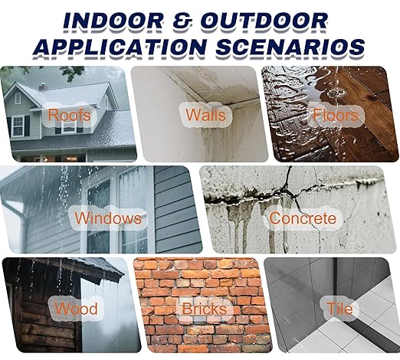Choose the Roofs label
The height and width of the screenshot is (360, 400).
click(70, 116)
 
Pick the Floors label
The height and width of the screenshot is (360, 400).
click(335, 116)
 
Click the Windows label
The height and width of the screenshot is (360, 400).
click(108, 218)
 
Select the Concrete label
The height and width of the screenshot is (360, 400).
click(302, 218)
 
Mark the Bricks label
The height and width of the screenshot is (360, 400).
click(203, 309)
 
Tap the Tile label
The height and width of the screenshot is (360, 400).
click(339, 309)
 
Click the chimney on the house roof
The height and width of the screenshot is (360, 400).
click(43, 86)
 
